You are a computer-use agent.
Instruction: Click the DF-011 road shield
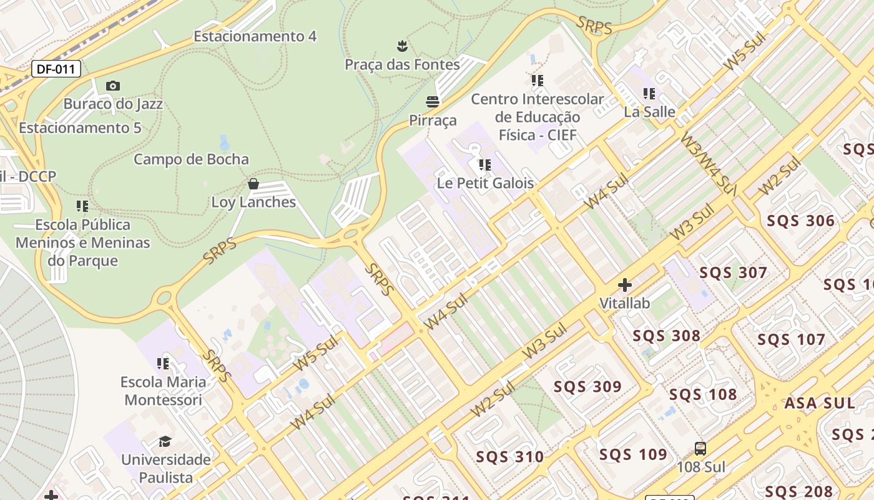coord(56,69)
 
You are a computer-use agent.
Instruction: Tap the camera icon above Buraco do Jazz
coord(113,86)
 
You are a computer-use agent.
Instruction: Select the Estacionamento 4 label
coord(255,36)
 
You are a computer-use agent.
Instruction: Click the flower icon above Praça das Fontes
coord(403,46)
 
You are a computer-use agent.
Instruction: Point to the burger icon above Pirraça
coord(433,101)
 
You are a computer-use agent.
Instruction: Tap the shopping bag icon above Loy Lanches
coord(253,184)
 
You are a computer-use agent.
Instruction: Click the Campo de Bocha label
coord(191,159)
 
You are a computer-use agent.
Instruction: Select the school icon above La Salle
coord(649,94)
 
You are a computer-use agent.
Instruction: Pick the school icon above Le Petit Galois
coord(485,165)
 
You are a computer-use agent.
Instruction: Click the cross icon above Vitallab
coord(624,286)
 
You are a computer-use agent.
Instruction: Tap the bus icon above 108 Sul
coord(700,449)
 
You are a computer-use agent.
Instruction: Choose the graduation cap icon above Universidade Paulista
coord(165,442)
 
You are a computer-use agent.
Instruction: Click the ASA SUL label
coord(819,403)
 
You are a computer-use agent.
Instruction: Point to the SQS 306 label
coord(800,221)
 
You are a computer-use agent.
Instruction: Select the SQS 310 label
coord(510,457)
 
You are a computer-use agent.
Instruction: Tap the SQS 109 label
coord(633,454)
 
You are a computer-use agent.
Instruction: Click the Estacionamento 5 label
coord(80,128)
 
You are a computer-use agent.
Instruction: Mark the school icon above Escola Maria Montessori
coord(163,364)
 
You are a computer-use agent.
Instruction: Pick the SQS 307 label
coord(733,272)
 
